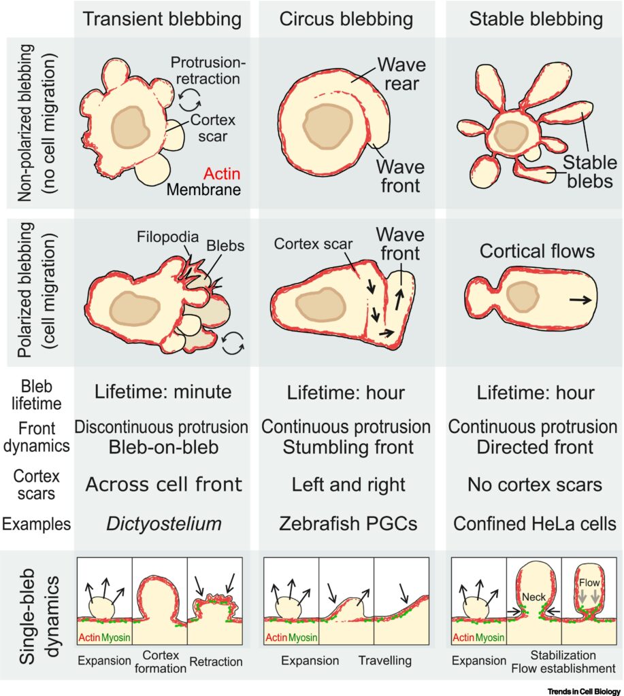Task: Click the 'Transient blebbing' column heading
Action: [162, 20]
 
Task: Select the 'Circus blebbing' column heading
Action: [346, 20]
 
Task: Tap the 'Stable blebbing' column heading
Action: [536, 20]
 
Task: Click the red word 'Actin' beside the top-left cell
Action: [222, 173]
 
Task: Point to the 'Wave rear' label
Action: [401, 74]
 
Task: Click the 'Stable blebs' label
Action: [590, 172]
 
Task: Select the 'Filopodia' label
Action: [167, 237]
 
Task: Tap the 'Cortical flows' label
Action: [537, 251]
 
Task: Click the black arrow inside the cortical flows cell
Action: [580, 300]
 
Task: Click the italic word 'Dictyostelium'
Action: [164, 524]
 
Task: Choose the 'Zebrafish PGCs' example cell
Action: [348, 524]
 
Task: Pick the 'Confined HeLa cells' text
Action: [535, 524]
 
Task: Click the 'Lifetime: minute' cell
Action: [163, 392]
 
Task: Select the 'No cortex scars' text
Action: [535, 484]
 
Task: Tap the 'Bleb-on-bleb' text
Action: [163, 447]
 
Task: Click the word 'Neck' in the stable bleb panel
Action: [533, 597]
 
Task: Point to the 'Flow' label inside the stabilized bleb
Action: [589, 582]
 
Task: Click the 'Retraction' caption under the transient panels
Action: [216, 662]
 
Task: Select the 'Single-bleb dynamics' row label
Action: [39, 616]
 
